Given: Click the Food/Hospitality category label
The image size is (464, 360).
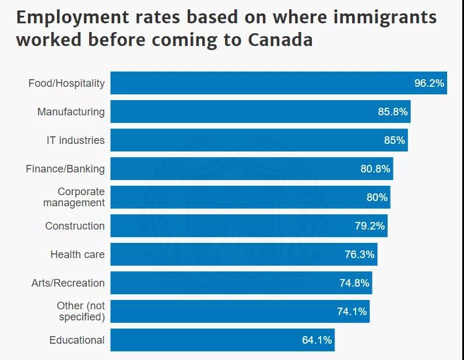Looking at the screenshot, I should coord(66,83).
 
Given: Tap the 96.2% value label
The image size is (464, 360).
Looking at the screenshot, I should coord(429,83).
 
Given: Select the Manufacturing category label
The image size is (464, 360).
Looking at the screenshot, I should coord(71,112).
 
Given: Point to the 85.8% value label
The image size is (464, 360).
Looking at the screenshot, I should coord(392,112).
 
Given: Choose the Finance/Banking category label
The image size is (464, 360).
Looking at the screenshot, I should coord(65,169).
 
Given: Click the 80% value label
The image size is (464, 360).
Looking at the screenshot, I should coord(377,197).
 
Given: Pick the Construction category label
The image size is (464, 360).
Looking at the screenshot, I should coord(75,226).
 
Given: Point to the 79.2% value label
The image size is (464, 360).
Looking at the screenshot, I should coord(370,226).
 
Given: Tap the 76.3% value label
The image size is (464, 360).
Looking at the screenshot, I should coord(360,255).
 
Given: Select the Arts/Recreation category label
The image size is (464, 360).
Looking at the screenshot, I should coord(68,283).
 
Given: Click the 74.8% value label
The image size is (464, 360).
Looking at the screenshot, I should coord(354,283).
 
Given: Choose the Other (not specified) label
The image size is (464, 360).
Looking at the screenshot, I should coord(81,312).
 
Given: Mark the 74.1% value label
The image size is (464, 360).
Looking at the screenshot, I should coord(352,312).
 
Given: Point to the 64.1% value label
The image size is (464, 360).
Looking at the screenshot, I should coord(317,340).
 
